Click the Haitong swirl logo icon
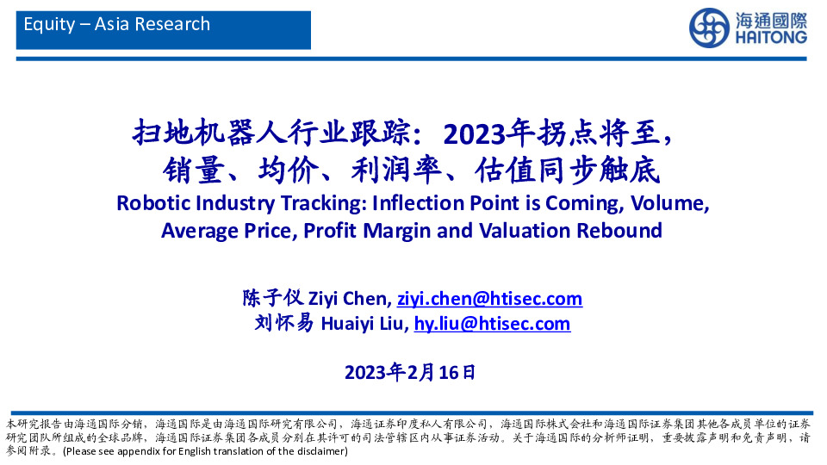point(708,28)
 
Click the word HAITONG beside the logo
point(770,38)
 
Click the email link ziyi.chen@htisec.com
point(489,299)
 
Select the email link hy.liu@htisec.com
point(492,324)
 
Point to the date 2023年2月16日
point(409,373)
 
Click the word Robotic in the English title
point(151,203)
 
